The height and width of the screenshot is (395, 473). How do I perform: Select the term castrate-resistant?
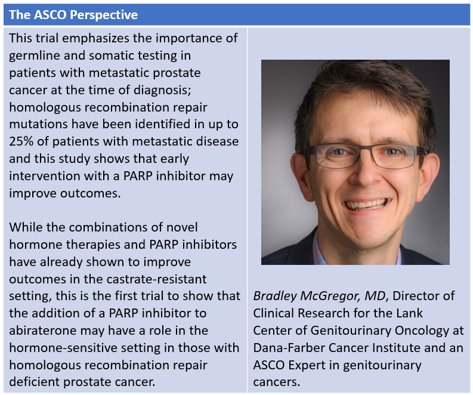click(x=156, y=279)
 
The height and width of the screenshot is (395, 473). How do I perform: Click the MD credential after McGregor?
click(x=375, y=296)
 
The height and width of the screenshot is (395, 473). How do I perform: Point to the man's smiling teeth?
click(x=367, y=205)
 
